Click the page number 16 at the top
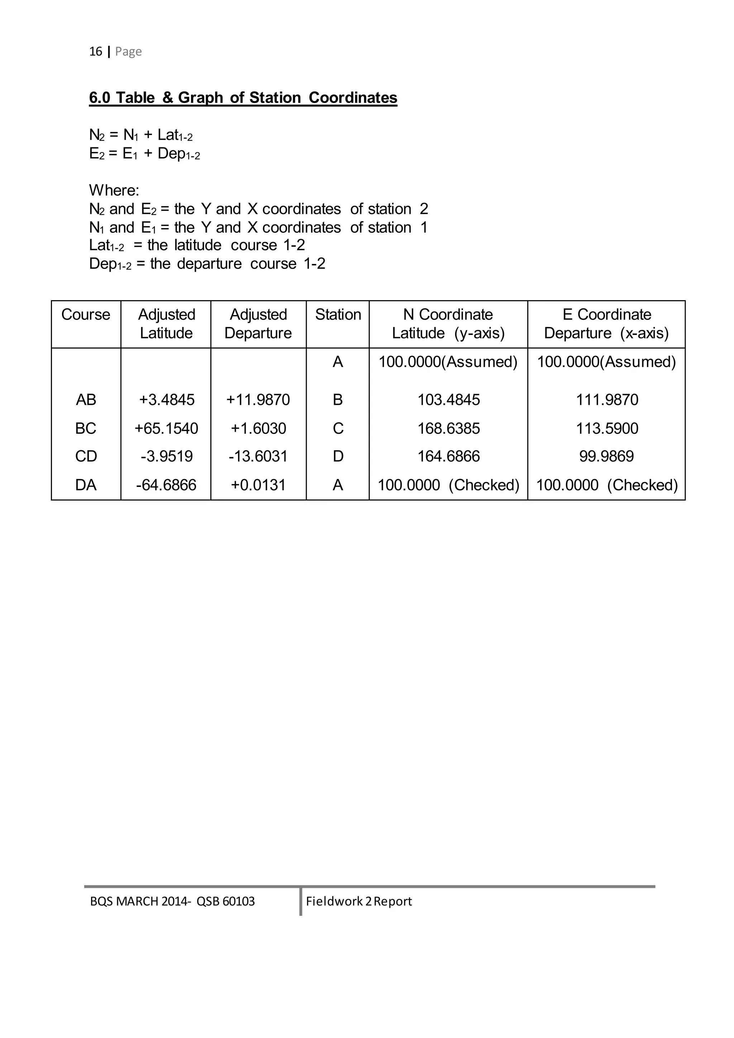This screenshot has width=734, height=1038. click(95, 52)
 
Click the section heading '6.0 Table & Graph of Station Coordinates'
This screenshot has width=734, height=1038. click(243, 98)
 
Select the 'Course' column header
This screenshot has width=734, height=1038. click(86, 315)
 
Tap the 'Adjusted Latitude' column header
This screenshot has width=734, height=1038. click(166, 324)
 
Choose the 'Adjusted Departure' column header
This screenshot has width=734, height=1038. click(258, 324)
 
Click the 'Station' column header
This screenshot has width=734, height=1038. click(338, 315)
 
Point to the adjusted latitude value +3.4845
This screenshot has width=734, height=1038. click(167, 400)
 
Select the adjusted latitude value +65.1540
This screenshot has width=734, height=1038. click(166, 428)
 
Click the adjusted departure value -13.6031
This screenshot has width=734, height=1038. click(258, 456)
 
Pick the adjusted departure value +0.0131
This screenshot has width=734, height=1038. click(258, 485)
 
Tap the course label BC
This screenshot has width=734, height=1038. click(86, 428)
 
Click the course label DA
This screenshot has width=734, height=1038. click(86, 485)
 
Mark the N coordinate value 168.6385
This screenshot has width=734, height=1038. click(448, 428)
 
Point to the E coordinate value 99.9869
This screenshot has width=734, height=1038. click(606, 456)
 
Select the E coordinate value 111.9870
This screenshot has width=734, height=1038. click(606, 400)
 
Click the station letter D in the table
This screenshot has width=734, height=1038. click(338, 456)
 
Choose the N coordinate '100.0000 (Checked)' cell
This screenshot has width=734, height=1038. click(448, 485)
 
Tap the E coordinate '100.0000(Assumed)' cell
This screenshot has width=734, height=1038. click(606, 362)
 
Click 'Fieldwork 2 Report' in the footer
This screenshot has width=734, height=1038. click(359, 901)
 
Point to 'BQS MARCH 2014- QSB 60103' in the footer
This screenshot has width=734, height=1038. click(172, 901)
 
